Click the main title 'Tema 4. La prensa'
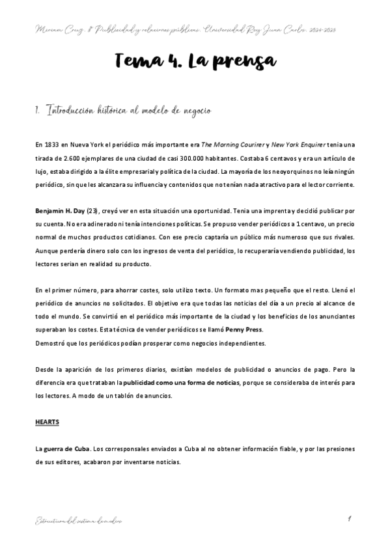[x=195, y=62]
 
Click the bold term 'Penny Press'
[x=244, y=329]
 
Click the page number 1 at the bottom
[x=350, y=519]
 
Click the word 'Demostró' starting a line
[x=50, y=343]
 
